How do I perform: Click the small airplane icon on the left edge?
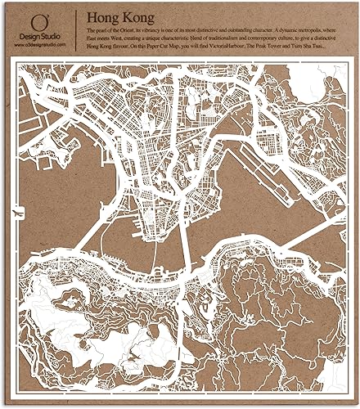[16, 214]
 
